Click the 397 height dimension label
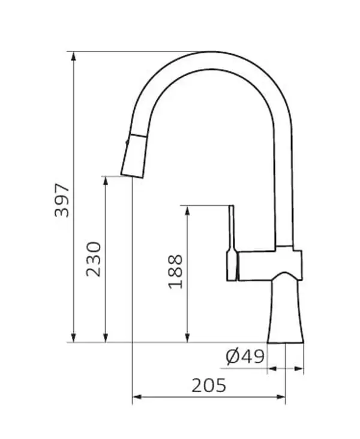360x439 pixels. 62,200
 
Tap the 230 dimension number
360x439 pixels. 94,259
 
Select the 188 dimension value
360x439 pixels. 175,272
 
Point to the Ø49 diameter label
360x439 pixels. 245,356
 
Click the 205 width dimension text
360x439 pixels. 209,385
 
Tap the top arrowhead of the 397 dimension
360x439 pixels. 74,56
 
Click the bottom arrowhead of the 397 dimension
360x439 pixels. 74,338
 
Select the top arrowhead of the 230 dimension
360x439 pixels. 106,181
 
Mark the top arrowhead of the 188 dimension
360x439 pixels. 188,211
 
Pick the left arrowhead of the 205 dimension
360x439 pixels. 137,397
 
